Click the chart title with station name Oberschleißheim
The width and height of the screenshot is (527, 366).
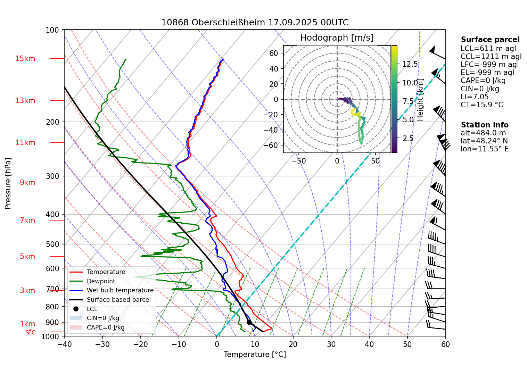pyautogui.click(x=255, y=23)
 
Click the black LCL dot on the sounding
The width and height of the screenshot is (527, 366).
pyautogui.click(x=249, y=322)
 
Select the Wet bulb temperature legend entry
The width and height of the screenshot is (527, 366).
pyautogui.click(x=120, y=290)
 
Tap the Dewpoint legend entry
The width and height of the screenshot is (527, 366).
pyautogui.click(x=101, y=281)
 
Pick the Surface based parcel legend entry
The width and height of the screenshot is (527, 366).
pyautogui.click(x=118, y=300)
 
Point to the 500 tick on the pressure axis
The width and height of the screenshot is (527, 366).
pyautogui.click(x=53, y=244)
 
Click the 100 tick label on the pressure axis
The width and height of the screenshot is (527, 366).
pyautogui.click(x=52, y=30)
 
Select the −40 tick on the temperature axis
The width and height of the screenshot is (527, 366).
pyautogui.click(x=64, y=344)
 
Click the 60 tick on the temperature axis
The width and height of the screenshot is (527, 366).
pyautogui.click(x=445, y=344)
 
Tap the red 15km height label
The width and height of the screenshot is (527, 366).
pyautogui.click(x=25, y=59)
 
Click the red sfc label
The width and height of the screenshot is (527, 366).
pyautogui.click(x=30, y=332)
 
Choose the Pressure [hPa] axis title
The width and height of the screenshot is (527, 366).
pyautogui.click(x=8, y=183)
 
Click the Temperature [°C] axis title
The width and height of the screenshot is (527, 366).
pyautogui.click(x=255, y=355)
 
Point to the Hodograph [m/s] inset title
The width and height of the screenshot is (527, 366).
pyautogui.click(x=337, y=38)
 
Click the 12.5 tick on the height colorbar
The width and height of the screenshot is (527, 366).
pyautogui.click(x=410, y=64)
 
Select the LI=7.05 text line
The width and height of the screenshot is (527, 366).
pyautogui.click(x=475, y=97)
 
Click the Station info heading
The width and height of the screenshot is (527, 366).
pyautogui.click(x=485, y=125)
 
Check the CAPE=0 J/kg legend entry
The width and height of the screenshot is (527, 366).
pyautogui.click(x=105, y=327)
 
